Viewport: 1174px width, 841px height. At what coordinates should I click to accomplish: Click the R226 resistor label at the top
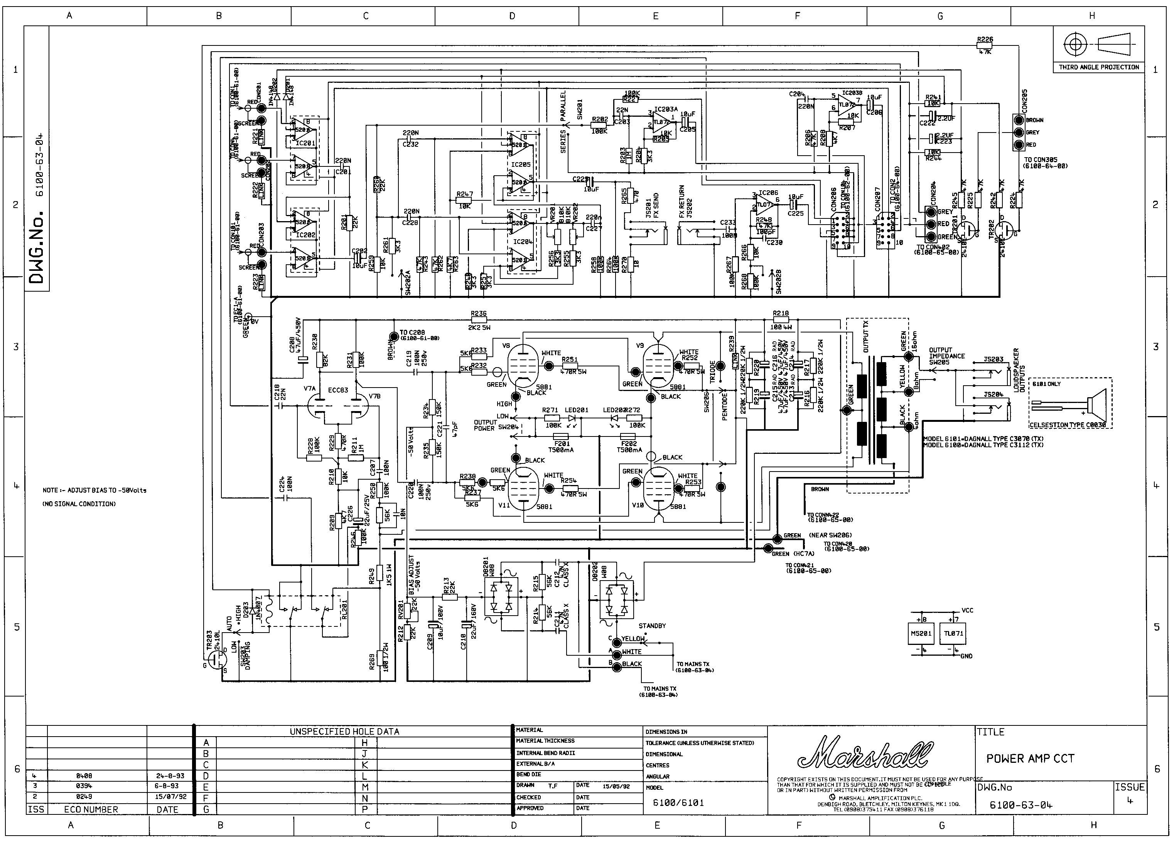pyautogui.click(x=985, y=39)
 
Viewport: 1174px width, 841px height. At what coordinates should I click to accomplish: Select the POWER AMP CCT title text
pyautogui.click(x=1030, y=759)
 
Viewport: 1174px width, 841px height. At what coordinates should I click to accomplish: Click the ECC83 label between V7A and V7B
pyautogui.click(x=338, y=390)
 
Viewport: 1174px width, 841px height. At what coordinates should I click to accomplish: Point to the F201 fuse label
pyautogui.click(x=562, y=443)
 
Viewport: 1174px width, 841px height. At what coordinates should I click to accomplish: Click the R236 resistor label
pyautogui.click(x=478, y=314)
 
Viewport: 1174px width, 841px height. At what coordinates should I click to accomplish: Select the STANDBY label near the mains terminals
pyautogui.click(x=652, y=626)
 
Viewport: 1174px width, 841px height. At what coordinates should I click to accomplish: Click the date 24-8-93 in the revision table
pyautogui.click(x=170, y=776)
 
